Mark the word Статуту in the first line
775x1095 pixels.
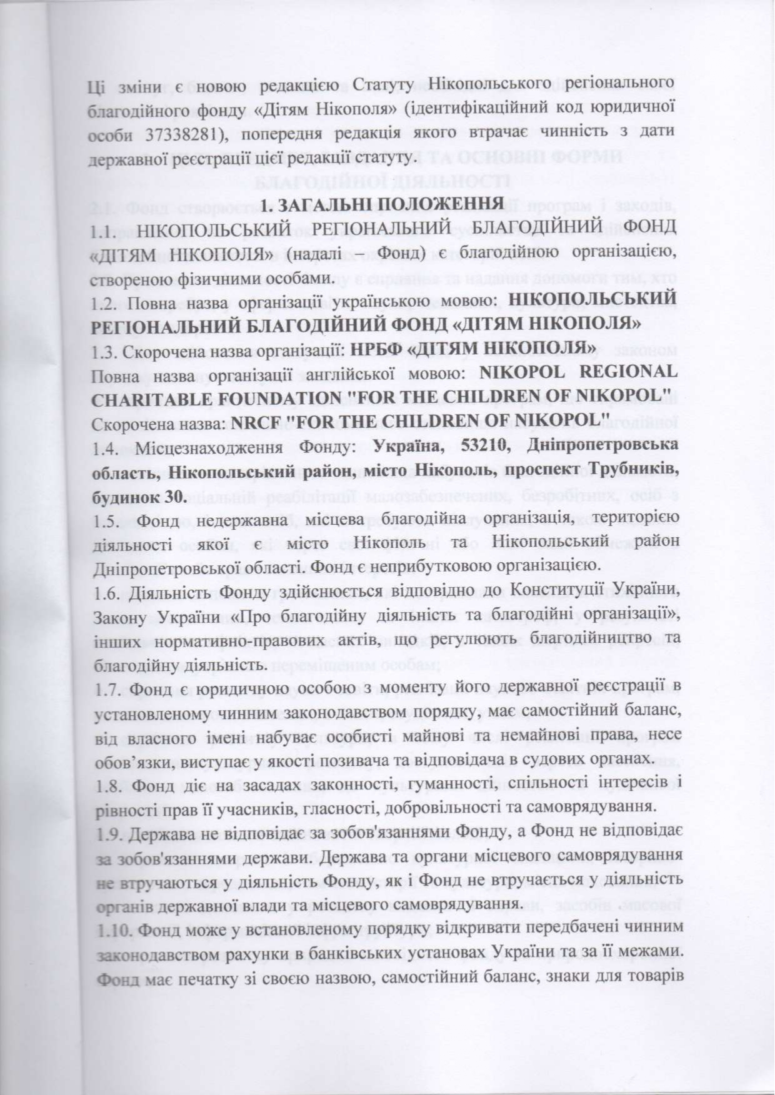[389, 86]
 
